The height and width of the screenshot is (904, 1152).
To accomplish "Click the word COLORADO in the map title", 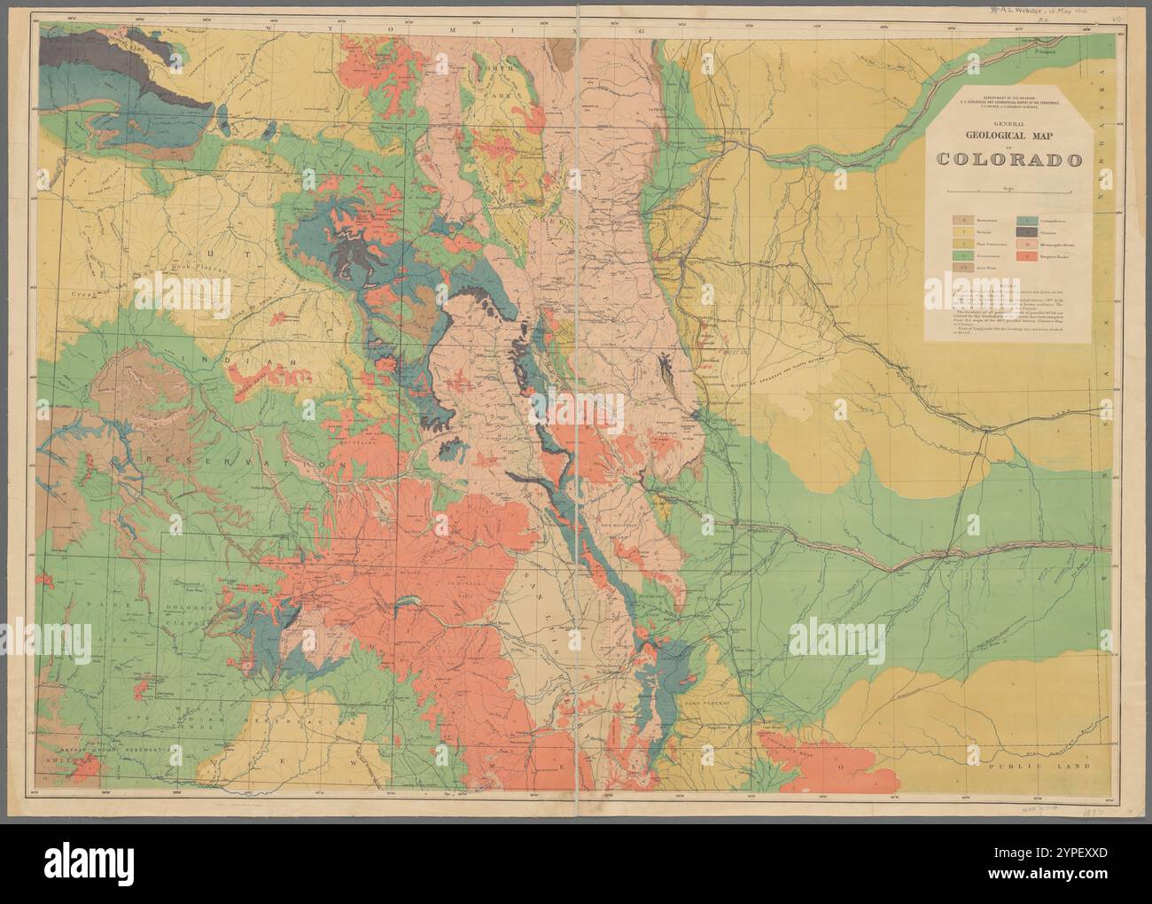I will click(1009, 160).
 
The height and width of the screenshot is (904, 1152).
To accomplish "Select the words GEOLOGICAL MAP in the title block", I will click(1009, 136).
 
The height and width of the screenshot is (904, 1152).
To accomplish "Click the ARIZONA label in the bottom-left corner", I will click(63, 760).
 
